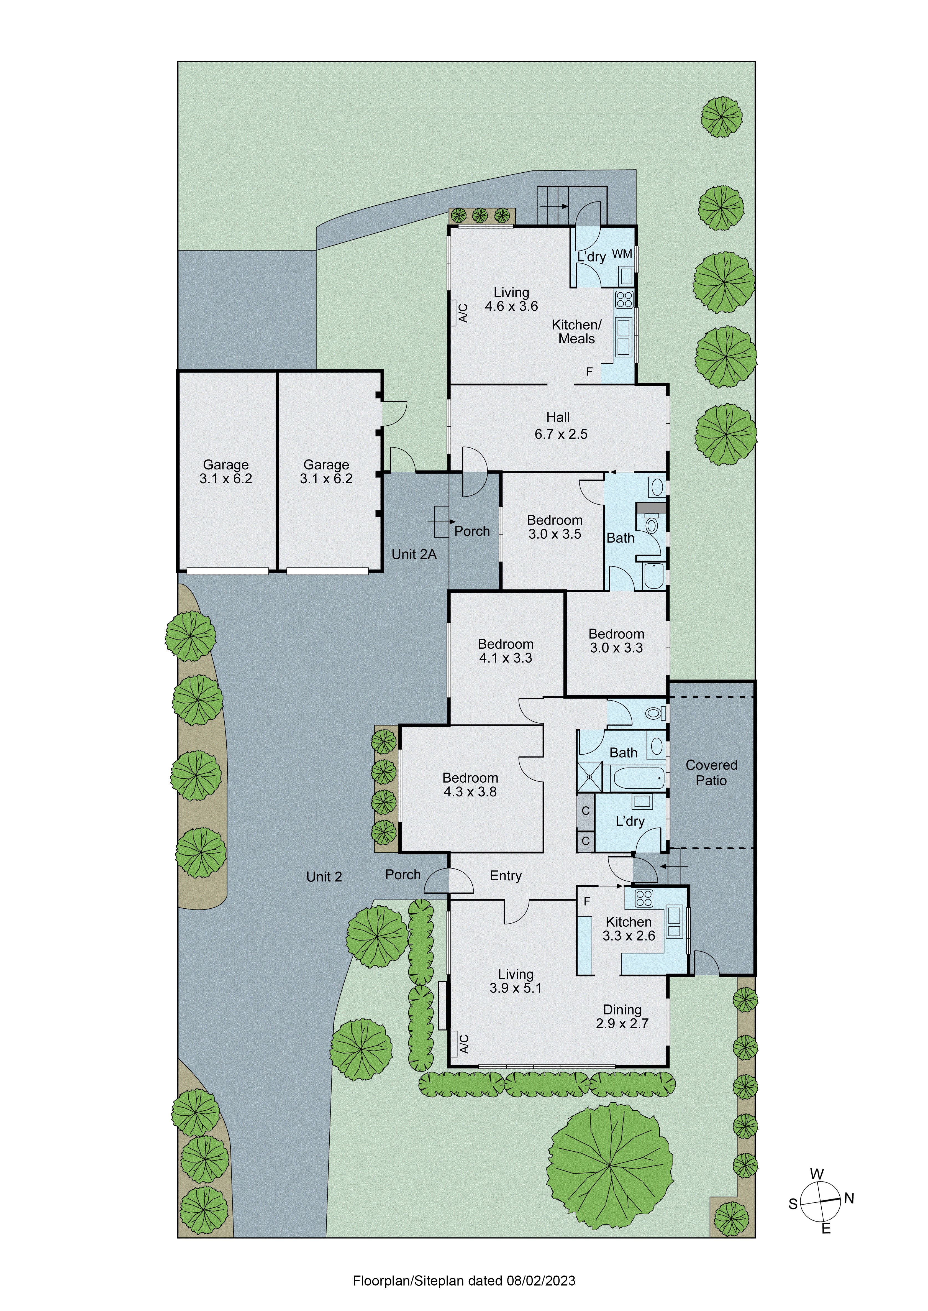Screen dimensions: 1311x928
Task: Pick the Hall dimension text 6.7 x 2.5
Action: coord(561,434)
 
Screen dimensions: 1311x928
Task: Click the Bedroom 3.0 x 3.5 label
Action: coord(554,527)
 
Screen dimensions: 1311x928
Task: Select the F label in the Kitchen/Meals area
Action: coord(589,372)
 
